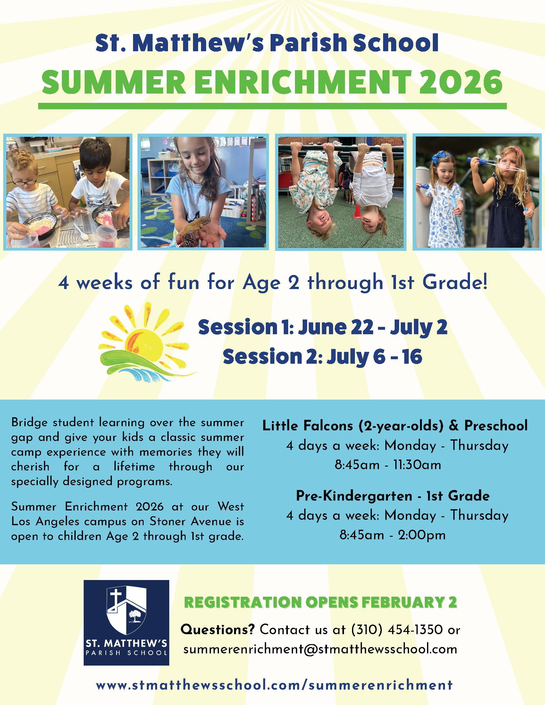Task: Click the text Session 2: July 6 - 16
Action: coord(322,357)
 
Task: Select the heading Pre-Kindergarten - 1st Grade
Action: coord(393,496)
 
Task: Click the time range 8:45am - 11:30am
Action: coord(388,465)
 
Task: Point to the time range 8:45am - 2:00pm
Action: coord(392,535)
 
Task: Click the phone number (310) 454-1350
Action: coord(397,630)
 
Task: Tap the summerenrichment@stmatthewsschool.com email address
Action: coord(320,649)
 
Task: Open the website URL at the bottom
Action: coord(274,685)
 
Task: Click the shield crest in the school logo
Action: coord(127,610)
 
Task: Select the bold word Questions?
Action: coord(218,629)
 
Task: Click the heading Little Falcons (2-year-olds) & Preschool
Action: coord(395,426)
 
